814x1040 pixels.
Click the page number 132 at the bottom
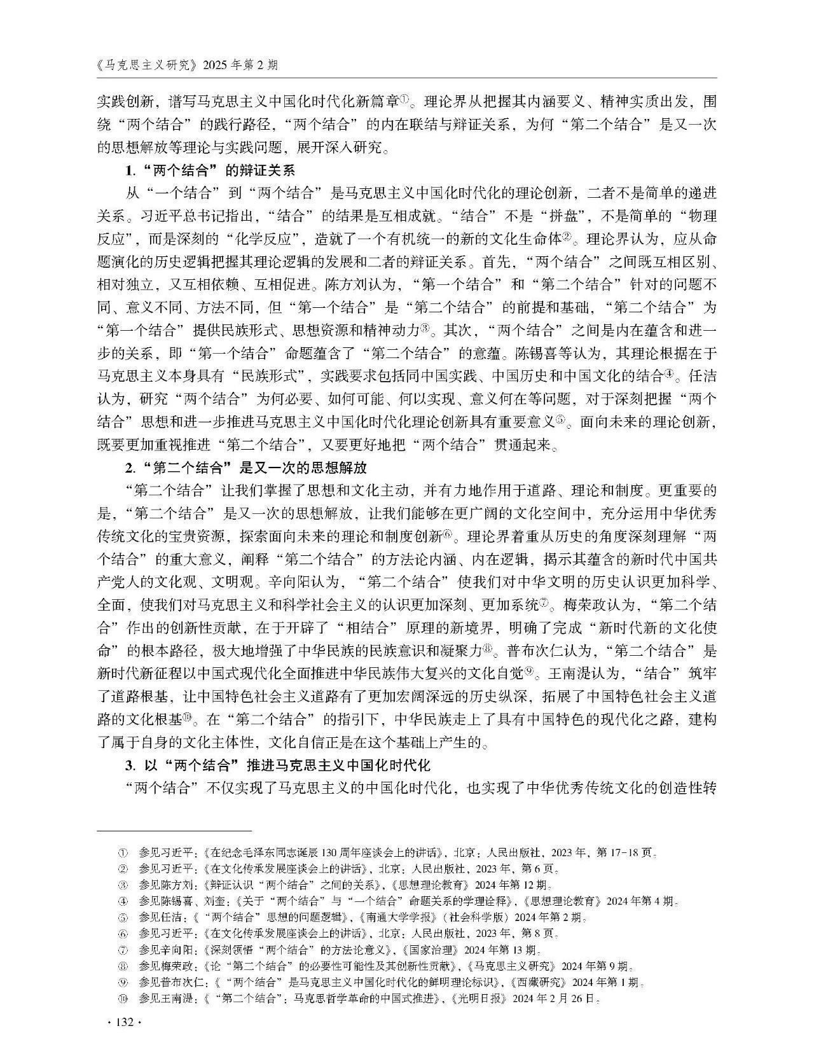pyautogui.click(x=121, y=1022)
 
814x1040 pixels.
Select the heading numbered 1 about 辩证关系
pyautogui.click(x=209, y=170)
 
